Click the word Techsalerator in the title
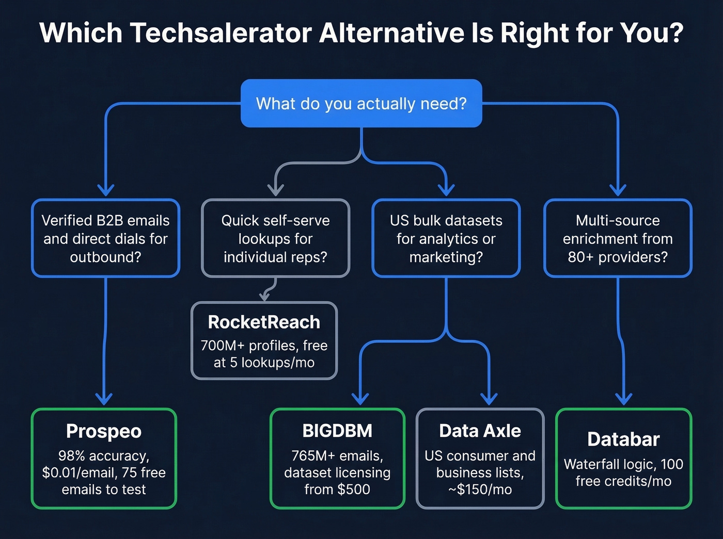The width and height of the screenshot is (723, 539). (x=221, y=33)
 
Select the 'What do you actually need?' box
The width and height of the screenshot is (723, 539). (x=361, y=104)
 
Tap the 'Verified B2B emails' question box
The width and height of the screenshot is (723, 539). (x=105, y=238)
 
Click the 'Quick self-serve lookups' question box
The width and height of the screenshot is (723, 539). (x=275, y=238)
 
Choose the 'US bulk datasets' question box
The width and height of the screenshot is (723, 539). (x=446, y=238)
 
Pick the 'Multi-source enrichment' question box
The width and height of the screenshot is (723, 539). (x=618, y=238)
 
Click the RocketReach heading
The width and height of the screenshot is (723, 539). (x=264, y=322)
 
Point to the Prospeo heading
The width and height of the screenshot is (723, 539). (x=104, y=431)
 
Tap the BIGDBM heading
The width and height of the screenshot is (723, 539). (x=337, y=431)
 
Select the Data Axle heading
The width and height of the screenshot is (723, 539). (x=480, y=431)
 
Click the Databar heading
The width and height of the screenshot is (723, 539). (x=623, y=439)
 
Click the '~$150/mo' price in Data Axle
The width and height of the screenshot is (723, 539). (x=480, y=489)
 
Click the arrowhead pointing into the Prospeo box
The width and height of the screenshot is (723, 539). (x=104, y=399)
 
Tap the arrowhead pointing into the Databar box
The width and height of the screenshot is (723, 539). (x=624, y=399)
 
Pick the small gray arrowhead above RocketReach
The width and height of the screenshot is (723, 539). (x=265, y=296)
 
